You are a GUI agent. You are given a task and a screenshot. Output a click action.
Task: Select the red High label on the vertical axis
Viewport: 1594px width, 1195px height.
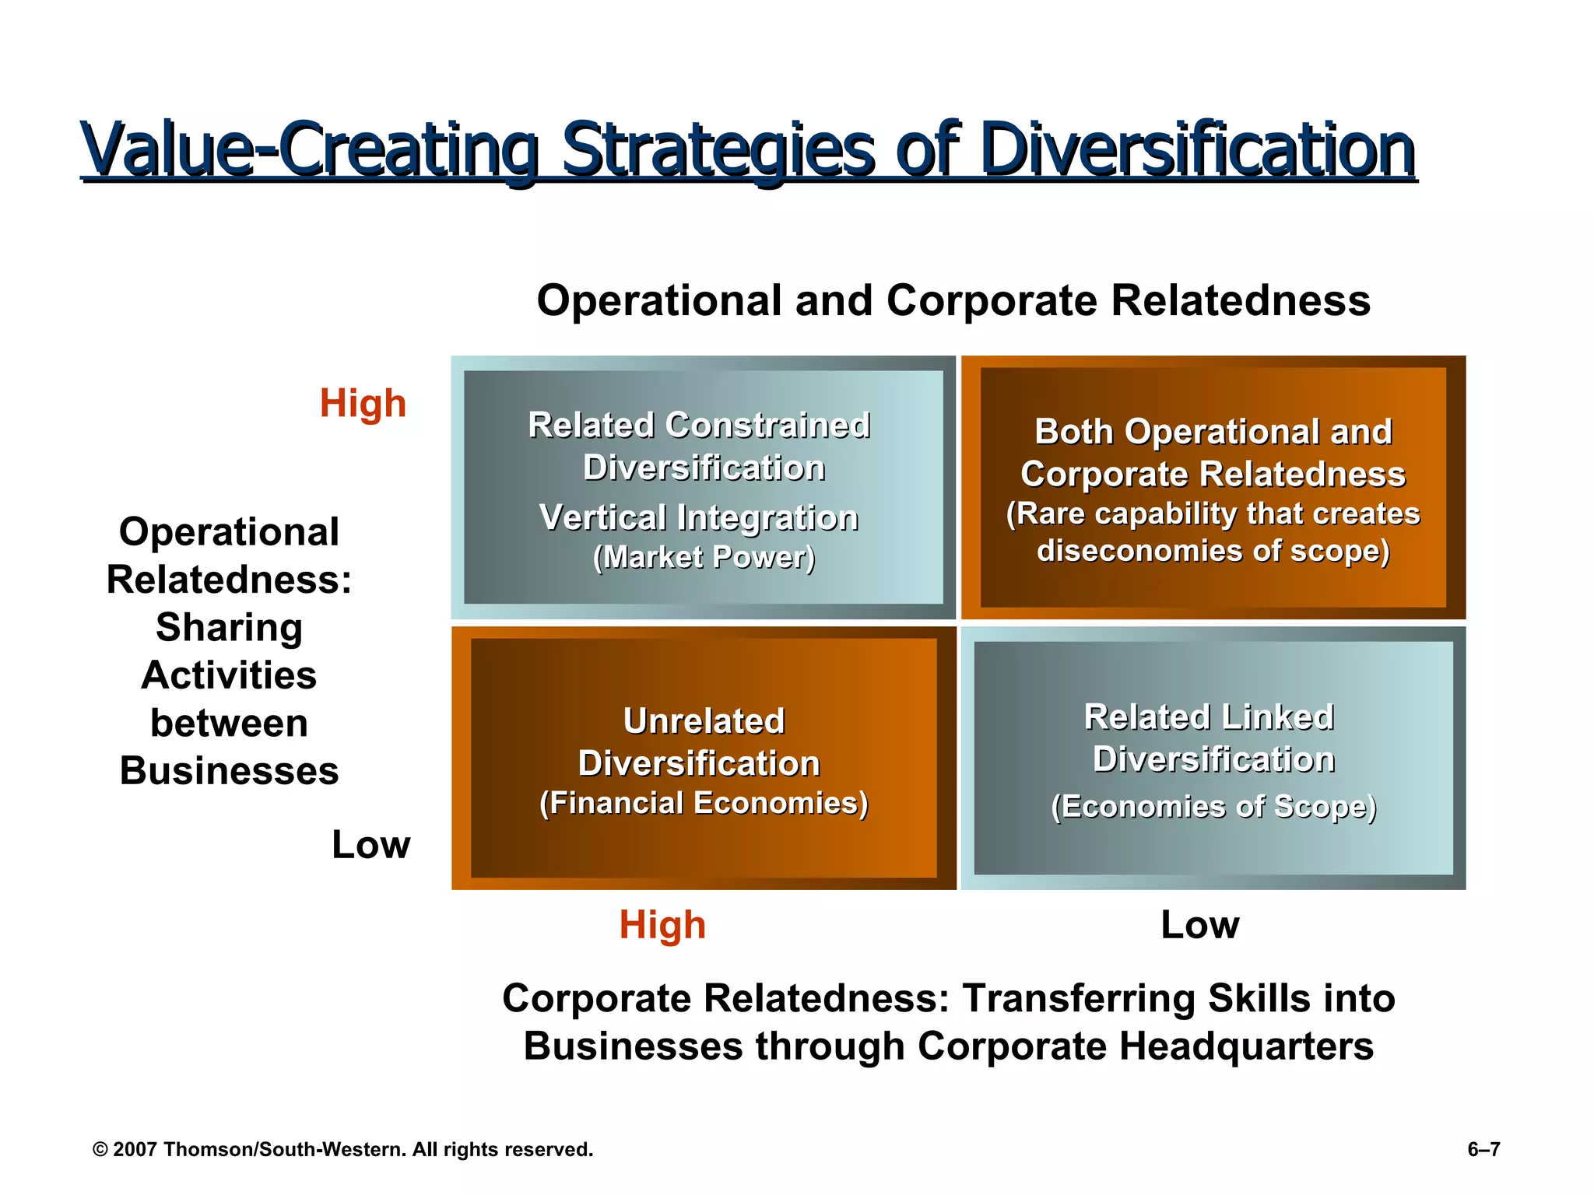tap(363, 404)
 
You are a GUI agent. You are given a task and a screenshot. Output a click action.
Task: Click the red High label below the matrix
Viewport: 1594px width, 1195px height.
tap(662, 925)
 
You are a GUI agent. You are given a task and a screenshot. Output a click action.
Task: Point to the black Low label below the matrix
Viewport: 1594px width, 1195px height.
tap(1199, 925)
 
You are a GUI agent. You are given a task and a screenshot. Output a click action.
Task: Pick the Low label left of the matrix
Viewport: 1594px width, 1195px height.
tap(370, 845)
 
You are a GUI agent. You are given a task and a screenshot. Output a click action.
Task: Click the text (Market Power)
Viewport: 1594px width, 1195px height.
tap(704, 557)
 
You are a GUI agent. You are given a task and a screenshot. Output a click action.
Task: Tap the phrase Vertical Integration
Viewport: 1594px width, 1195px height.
tap(699, 517)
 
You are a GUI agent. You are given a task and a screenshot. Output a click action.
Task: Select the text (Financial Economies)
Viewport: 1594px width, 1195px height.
tap(704, 803)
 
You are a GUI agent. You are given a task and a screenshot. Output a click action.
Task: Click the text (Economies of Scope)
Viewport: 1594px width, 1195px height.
tap(1213, 807)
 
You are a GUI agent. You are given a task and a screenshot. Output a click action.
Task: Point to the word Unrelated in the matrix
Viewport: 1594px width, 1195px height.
tap(704, 721)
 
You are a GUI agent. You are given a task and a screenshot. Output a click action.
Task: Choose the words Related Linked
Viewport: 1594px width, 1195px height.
tap(1209, 717)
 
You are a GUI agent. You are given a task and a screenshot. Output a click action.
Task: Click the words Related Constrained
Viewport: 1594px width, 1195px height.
tap(699, 426)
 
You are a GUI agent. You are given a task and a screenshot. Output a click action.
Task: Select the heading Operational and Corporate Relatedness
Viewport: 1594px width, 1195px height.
tap(953, 300)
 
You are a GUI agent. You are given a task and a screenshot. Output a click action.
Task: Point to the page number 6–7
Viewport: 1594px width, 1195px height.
tap(1483, 1149)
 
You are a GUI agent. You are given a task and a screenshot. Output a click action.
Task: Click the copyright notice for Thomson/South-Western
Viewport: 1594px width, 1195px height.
tap(342, 1149)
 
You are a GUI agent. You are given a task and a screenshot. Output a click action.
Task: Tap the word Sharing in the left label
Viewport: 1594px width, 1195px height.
tap(229, 628)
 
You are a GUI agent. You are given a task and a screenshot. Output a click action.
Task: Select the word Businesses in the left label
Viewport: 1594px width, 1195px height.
tap(229, 771)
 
